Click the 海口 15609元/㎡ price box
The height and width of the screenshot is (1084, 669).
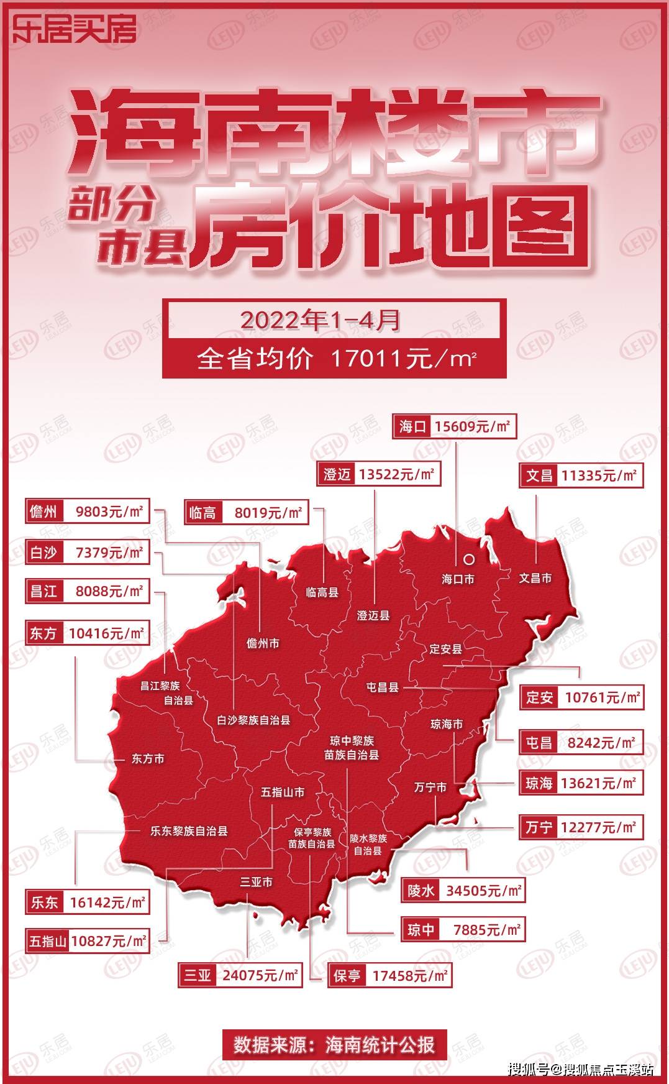click(x=454, y=426)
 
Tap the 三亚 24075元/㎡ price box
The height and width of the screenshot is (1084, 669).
click(x=240, y=975)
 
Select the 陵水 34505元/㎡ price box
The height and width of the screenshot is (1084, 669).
click(x=463, y=891)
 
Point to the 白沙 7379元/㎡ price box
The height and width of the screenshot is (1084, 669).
click(x=88, y=552)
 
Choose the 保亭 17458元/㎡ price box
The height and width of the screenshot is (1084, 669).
click(x=389, y=976)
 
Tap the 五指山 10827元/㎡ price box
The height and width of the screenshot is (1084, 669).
click(x=88, y=941)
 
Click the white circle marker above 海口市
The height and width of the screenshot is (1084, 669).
click(x=469, y=559)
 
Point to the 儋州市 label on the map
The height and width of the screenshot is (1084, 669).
click(x=263, y=643)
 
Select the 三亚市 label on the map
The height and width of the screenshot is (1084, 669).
click(x=257, y=882)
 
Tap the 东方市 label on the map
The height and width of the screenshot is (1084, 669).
click(x=148, y=759)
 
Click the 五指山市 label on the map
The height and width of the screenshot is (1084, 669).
click(x=283, y=792)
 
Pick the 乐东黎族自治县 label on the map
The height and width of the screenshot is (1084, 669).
click(x=189, y=830)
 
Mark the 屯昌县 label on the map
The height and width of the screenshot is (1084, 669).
click(x=382, y=687)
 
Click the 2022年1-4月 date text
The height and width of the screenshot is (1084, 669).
click(x=321, y=320)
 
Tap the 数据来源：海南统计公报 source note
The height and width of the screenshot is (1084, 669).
click(x=334, y=1044)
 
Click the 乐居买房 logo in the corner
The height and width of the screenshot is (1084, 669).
click(x=74, y=28)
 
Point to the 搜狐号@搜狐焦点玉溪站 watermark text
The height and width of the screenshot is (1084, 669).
click(x=581, y=1070)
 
